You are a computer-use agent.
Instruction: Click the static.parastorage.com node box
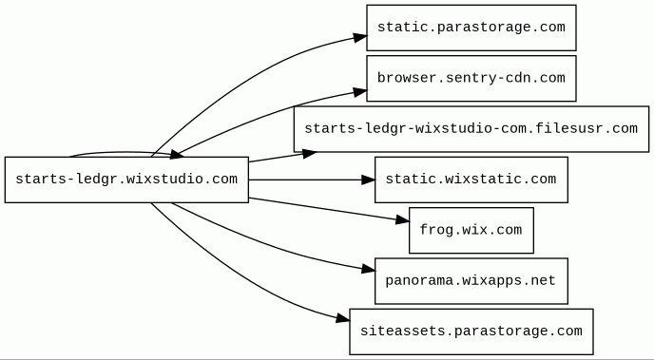pos(471,28)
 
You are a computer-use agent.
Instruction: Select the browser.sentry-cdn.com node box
pos(471,78)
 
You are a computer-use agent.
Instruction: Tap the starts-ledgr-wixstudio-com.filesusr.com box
pos(471,129)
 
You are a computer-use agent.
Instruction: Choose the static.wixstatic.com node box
pos(471,180)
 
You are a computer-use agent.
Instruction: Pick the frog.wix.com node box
pos(471,231)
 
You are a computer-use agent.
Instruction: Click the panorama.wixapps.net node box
pos(471,281)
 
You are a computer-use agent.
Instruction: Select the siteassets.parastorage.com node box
pos(471,332)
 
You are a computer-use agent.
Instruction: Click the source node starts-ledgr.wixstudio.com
pos(126,180)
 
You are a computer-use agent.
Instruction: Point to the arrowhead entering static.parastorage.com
pos(360,37)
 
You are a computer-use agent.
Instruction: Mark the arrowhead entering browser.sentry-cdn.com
pos(360,92)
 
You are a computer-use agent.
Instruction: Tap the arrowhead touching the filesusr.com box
pos(309,154)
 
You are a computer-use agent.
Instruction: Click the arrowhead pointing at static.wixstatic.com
pos(369,180)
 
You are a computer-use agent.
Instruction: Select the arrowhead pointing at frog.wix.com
pos(402,220)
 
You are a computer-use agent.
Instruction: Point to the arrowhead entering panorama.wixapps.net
pos(369,269)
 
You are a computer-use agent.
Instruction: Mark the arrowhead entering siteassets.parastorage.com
pos(343,319)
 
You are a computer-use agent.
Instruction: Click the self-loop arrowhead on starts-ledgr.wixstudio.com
pos(177,155)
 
